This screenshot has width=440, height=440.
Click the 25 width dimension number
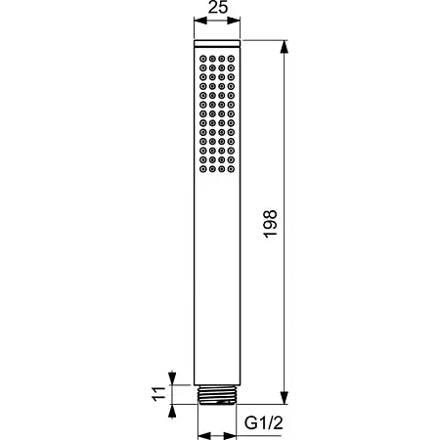pos(218,7)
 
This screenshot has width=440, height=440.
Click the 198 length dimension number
pos(270,224)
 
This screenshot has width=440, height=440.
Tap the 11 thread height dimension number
pos(158,394)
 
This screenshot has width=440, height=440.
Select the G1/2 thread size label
pos(264,423)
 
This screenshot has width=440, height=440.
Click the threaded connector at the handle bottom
pos(217,395)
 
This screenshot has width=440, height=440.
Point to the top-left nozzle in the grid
pos(203,59)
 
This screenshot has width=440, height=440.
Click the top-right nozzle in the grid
pos(231,59)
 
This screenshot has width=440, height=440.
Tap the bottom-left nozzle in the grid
pos(203,169)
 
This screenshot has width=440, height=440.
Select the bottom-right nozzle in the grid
pos(231,169)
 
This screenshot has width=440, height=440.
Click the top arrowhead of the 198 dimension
pos(285,46)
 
